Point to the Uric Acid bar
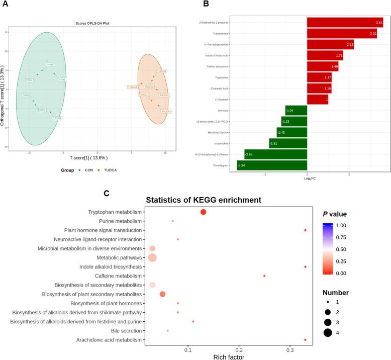pos(296,110)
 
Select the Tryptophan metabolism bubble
pos(203,212)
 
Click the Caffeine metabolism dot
pos(264,276)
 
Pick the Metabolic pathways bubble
pos(152,257)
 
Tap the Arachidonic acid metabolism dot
pos(305,340)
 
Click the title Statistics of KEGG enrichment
pos(204,200)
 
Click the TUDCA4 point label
pos(133,87)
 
